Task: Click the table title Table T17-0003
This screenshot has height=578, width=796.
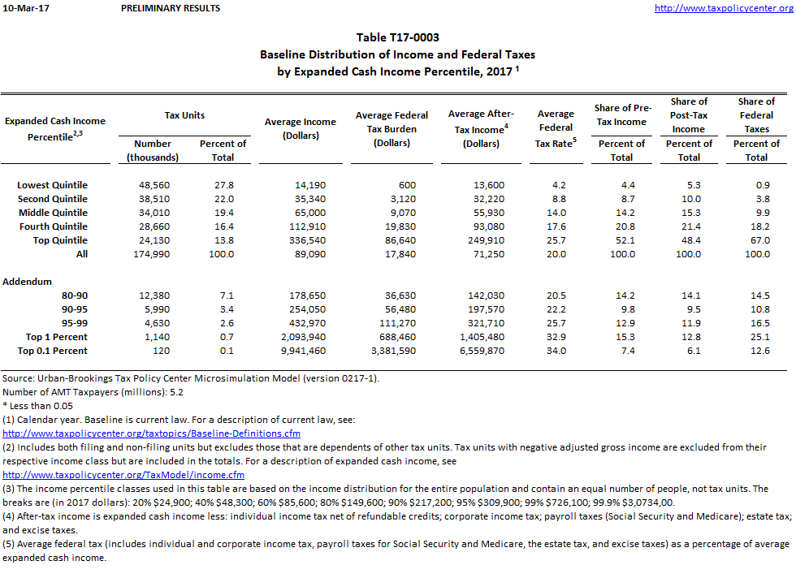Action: [398, 38]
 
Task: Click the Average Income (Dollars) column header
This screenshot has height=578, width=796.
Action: [300, 128]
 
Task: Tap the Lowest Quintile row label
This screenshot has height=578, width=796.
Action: [52, 185]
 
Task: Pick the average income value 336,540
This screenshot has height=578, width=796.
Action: [313, 240]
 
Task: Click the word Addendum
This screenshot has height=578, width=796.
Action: [28, 282]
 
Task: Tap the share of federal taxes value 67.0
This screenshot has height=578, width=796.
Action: [758, 240]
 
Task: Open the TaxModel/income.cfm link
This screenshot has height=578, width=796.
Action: [123, 474]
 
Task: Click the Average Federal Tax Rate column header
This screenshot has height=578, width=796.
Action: [556, 128]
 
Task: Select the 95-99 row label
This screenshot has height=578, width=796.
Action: [72, 323]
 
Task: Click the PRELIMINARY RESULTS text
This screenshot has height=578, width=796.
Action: [170, 8]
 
